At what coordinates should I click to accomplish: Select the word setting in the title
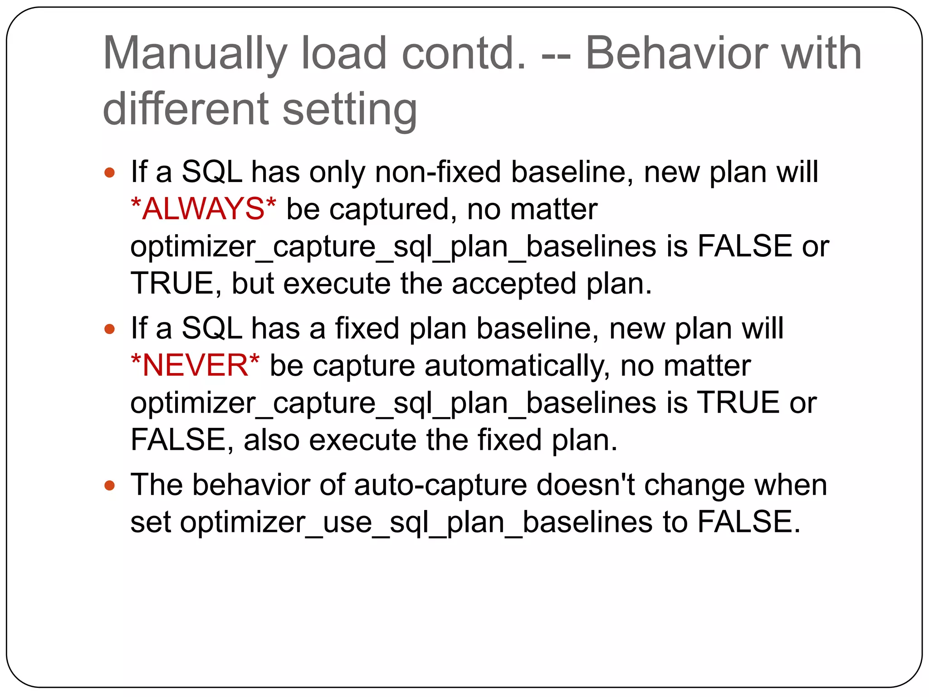pos(350,110)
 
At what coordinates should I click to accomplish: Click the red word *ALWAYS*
pos(203,209)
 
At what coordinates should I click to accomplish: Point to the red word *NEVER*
pos(195,365)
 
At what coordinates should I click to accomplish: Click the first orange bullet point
pos(109,173)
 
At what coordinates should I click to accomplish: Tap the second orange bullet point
pos(109,329)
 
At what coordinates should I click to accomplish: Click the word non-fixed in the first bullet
pos(438,172)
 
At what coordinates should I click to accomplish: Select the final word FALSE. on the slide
pos(749,522)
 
